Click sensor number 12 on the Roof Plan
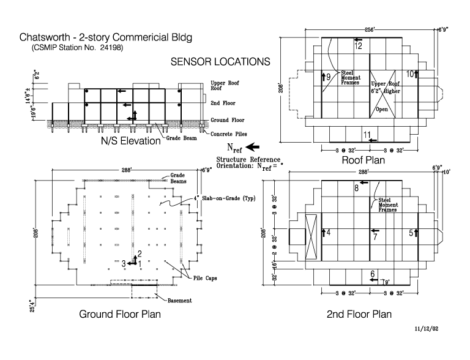click(x=359, y=46)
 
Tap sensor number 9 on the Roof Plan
click(x=329, y=77)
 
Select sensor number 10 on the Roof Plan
click(x=410, y=74)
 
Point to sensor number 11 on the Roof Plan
click(x=367, y=135)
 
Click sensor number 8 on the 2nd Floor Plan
click(x=356, y=188)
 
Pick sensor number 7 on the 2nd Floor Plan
click(x=375, y=237)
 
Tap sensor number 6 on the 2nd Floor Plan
click(x=373, y=274)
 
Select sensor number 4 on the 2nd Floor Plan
click(x=329, y=233)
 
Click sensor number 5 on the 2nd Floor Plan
click(x=411, y=233)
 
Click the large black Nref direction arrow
click(x=252, y=148)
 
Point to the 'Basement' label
click(x=179, y=301)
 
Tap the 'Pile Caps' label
click(x=205, y=278)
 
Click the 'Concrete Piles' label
click(x=229, y=134)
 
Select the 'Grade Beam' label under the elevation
click(x=181, y=138)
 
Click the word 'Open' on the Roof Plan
click(x=382, y=110)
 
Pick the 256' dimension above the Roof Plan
click(x=370, y=30)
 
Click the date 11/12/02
click(x=427, y=329)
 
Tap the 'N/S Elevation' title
click(x=131, y=141)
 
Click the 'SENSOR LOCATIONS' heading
click(x=220, y=62)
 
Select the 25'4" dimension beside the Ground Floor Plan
click(x=32, y=306)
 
